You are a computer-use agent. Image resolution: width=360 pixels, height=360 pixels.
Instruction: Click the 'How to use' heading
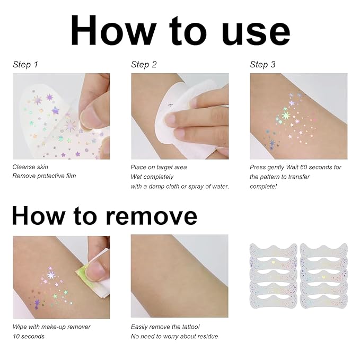(180, 31)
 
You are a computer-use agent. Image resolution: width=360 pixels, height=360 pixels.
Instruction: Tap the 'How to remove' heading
(104, 216)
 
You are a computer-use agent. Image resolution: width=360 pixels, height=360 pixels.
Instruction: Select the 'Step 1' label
(25, 65)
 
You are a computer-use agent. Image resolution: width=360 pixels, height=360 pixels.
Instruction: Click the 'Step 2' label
(144, 65)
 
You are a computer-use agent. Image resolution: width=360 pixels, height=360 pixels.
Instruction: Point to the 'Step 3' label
(262, 65)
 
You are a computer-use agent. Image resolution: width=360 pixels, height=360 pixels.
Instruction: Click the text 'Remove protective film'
(44, 176)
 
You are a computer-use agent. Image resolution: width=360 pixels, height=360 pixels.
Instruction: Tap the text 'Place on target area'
(159, 167)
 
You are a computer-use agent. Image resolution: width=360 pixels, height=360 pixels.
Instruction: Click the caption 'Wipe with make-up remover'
(51, 327)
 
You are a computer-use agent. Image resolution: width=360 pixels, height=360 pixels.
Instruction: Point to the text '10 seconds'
(29, 336)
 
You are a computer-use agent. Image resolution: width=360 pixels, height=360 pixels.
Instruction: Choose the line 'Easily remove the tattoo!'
(165, 327)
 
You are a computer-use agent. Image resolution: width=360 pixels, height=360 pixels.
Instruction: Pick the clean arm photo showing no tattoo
(179, 276)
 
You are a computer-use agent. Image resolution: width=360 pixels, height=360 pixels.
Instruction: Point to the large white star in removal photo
(51, 275)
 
